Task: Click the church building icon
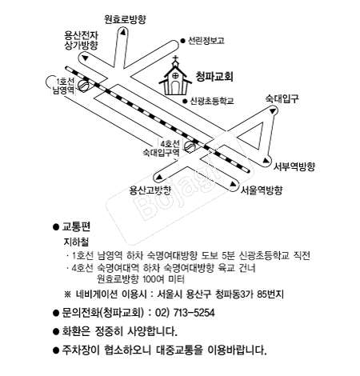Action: click(x=175, y=78)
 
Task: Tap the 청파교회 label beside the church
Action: click(x=214, y=76)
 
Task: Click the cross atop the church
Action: click(x=175, y=59)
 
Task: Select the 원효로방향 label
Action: click(x=125, y=19)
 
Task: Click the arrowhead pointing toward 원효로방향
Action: click(x=122, y=33)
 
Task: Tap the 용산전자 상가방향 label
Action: click(x=82, y=40)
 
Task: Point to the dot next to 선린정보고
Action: click(x=182, y=41)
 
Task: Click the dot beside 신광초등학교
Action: click(x=185, y=101)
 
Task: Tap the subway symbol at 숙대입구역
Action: click(x=190, y=146)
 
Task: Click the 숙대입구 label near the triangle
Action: click(x=282, y=98)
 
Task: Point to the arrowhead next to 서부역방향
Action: click(x=266, y=160)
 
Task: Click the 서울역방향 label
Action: click(x=262, y=190)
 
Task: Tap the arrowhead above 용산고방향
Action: click(x=159, y=177)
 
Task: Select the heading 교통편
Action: click(x=76, y=226)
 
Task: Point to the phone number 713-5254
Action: click(x=194, y=313)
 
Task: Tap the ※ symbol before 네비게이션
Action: click(x=68, y=294)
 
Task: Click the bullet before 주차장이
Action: click(x=56, y=350)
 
